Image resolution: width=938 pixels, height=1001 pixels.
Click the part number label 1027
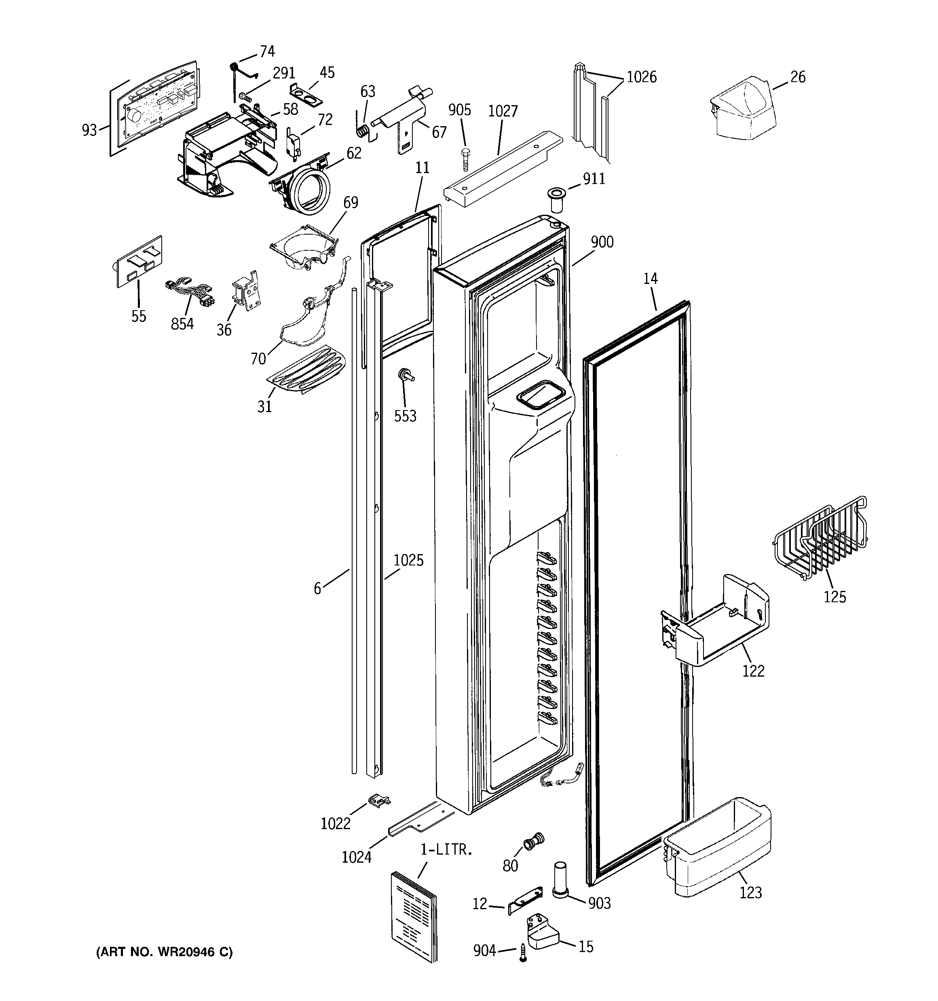point(503,111)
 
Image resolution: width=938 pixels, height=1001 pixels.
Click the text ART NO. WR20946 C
point(164,952)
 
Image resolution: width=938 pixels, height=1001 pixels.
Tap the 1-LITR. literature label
point(447,851)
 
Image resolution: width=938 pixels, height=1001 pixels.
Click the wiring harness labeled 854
point(189,294)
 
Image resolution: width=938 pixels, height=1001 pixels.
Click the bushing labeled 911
point(556,199)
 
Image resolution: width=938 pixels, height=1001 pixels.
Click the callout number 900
point(602,242)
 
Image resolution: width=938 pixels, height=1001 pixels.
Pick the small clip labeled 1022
point(380,800)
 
